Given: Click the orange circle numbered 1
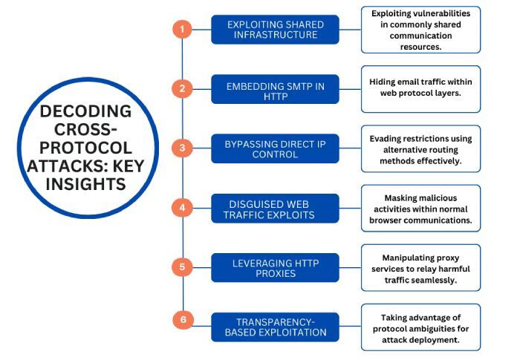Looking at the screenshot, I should tap(182, 30).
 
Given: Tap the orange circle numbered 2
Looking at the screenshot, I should tap(182, 89).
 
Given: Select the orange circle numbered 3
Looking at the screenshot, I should tap(182, 148).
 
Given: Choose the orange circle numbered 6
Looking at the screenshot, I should tap(182, 321).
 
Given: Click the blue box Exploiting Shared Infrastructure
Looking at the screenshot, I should tap(275, 30).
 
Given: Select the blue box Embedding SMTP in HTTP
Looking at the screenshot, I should tap(275, 92).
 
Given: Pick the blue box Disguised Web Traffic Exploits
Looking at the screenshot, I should tap(275, 208).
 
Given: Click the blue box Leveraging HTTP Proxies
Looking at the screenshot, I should tap(275, 266).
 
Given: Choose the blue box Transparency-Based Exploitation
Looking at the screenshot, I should tap(275, 327).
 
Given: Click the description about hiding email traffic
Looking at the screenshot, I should tap(420, 89).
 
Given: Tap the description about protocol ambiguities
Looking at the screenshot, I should tap(420, 327).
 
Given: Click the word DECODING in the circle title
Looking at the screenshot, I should tap(85, 113).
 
